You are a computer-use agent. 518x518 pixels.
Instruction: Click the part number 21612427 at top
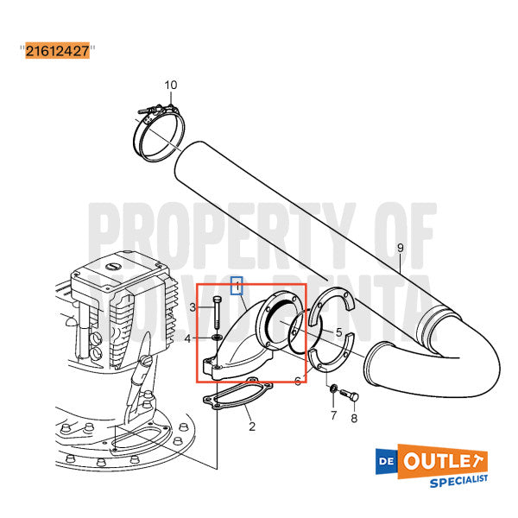point(57,51)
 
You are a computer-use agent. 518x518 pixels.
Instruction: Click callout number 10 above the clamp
point(170,85)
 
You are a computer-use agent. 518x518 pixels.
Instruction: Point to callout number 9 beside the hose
point(400,249)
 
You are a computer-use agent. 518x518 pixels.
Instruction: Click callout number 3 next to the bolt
point(194,307)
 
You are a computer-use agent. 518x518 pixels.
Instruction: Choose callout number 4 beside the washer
point(187,338)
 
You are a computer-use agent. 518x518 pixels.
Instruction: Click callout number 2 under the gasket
point(251,426)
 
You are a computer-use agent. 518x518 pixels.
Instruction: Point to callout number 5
point(338,332)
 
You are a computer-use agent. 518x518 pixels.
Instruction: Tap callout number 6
point(297,381)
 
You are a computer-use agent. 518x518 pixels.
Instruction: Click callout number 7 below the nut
point(332,416)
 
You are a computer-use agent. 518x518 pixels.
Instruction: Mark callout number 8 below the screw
point(352,419)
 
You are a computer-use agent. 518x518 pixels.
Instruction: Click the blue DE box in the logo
point(388,459)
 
